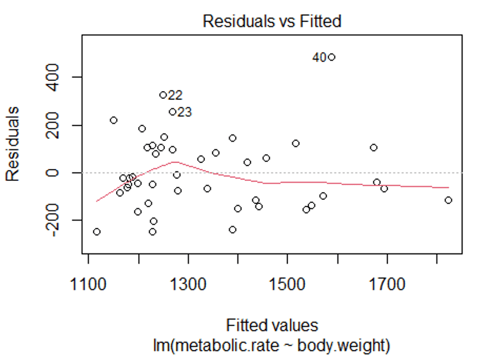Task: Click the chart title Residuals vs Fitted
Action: [272, 21]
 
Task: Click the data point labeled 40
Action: [332, 57]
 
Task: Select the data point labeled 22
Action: [163, 95]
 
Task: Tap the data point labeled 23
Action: [173, 111]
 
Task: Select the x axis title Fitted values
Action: [272, 325]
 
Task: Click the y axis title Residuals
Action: [13, 143]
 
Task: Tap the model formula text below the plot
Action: [272, 345]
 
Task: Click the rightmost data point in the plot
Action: [448, 200]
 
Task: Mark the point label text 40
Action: [319, 58]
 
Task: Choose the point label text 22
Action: [175, 95]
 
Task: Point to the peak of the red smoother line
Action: [173, 161]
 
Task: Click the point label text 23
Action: [185, 112]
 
